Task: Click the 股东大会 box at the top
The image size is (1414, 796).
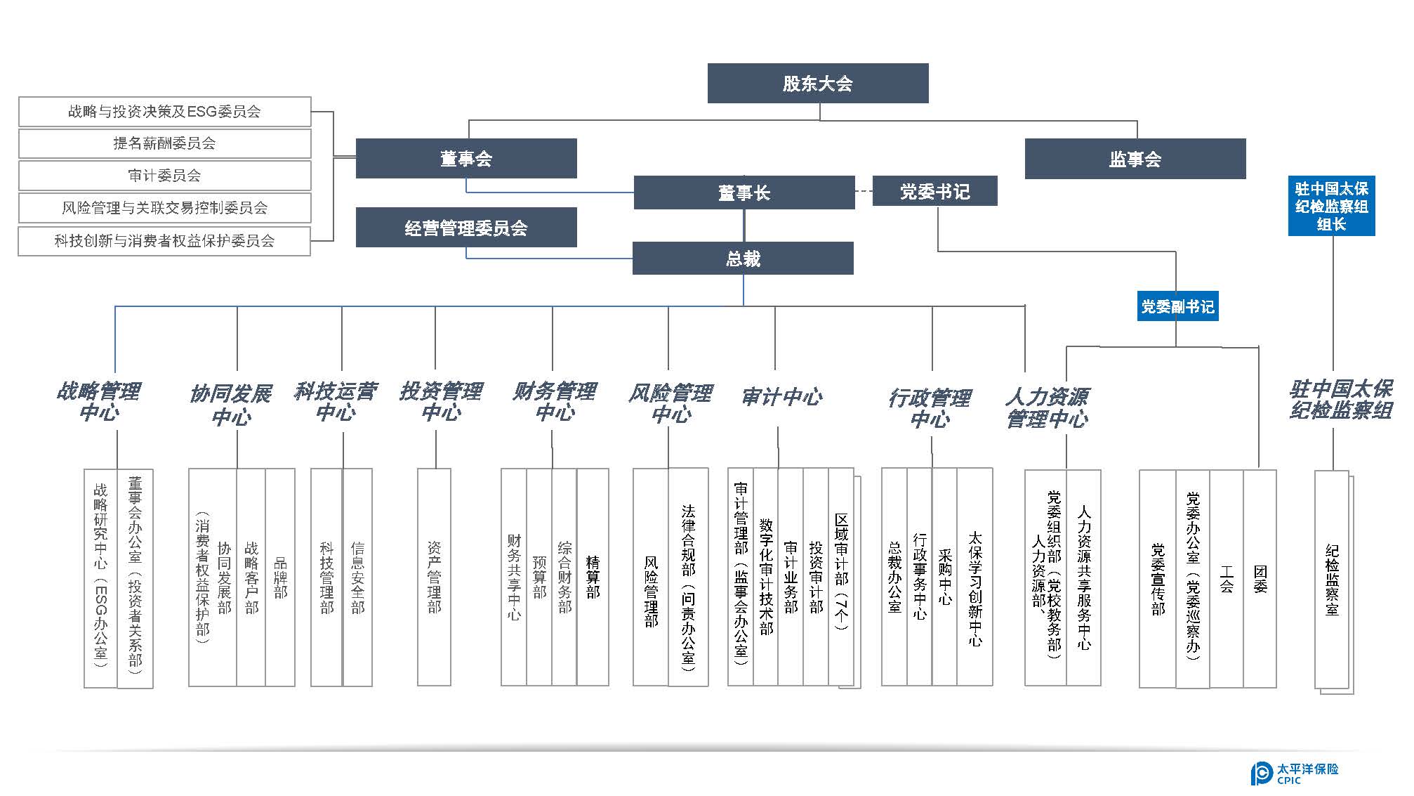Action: coord(817,84)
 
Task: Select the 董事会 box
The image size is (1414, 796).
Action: coord(466,159)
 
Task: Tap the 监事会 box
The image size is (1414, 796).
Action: coord(1135,159)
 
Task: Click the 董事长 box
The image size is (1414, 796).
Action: coord(744,193)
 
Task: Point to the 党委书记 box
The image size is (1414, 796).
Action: coord(934,191)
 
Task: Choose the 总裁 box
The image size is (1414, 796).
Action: coord(743,259)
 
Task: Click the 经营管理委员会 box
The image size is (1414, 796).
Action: coord(466,228)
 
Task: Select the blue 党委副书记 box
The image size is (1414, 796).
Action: coord(1177,307)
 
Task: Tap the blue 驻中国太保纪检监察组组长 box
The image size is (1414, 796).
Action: coord(1331,206)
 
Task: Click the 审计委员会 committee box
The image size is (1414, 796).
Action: coord(164,176)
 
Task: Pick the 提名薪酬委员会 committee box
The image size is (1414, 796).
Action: coord(164,143)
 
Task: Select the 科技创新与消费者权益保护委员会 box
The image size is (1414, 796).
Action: coord(164,241)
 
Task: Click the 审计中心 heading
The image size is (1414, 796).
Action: coord(781,398)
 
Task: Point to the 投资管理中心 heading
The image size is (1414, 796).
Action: coord(440,401)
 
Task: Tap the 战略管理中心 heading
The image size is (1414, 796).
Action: coord(99,401)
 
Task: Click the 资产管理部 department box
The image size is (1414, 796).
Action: coord(434,577)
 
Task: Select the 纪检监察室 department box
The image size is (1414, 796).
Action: coord(1332,580)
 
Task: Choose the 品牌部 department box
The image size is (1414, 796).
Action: coord(280,577)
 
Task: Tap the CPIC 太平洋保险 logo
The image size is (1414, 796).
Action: coord(1295,773)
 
